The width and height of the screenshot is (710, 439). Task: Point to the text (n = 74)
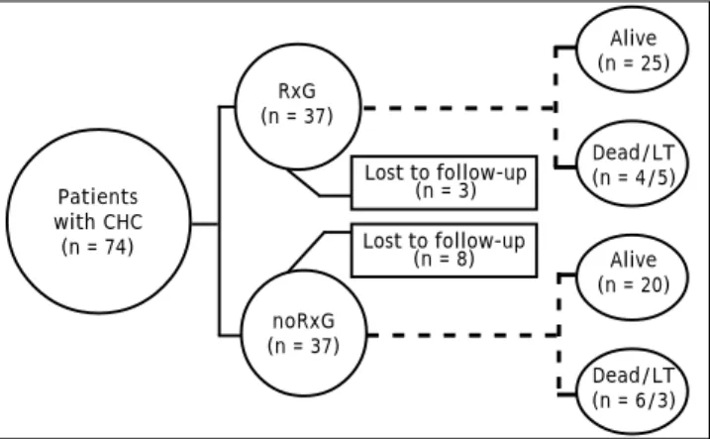pos(98,247)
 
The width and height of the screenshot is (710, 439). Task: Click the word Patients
pos(98,197)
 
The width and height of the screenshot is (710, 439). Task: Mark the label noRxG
pos(303,321)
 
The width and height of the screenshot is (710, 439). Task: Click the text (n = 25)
pos(634,62)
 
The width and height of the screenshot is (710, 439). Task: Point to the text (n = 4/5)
pos(634,177)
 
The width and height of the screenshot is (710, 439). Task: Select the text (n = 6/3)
pos(634,400)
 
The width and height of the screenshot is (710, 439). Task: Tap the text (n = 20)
pos(634,284)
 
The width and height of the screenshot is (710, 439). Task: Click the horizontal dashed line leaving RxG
pos(458,108)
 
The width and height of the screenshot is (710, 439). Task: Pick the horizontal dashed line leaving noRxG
pos(463,335)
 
